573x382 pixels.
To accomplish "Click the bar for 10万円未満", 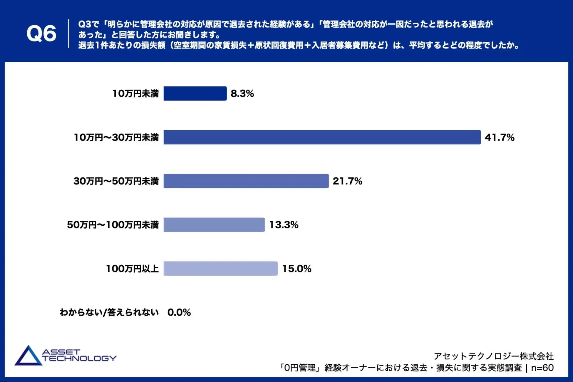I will [x=195, y=93].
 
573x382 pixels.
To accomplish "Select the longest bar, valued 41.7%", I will [x=322, y=137].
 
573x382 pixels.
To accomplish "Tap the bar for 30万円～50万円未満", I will [x=246, y=181].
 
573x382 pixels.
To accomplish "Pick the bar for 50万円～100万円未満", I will [x=214, y=225].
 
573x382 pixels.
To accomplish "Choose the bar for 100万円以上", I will [x=220, y=269].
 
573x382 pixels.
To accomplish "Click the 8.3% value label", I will [x=242, y=93].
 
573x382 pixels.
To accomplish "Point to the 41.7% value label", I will [x=500, y=137].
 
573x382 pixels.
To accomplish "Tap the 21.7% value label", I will [x=347, y=181].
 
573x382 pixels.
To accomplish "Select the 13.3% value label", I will [x=284, y=225].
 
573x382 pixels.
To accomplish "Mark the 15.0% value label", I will [x=296, y=269].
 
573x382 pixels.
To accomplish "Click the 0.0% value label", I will [x=179, y=312].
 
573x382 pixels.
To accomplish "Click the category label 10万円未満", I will [x=135, y=93].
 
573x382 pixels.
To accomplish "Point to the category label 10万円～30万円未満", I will [x=116, y=137].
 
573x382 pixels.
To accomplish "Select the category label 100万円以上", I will [x=132, y=269].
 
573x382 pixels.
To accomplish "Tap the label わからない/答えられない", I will [x=109, y=312].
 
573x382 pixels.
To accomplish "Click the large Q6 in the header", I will [x=41, y=33].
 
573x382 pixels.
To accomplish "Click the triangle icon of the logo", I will [x=28, y=356].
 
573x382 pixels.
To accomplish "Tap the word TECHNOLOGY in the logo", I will [x=79, y=358].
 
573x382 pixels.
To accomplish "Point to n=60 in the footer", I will [x=542, y=368].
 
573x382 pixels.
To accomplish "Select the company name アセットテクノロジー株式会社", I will [x=494, y=356].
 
